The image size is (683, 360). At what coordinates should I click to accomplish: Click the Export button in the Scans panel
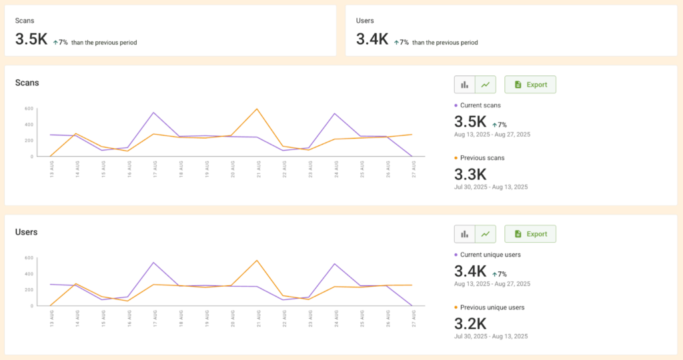pos(530,85)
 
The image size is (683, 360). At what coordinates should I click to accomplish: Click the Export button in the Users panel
pos(530,234)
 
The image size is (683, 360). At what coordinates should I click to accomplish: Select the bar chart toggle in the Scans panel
pos(465,85)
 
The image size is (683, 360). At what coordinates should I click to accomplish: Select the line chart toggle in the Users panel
pos(486,234)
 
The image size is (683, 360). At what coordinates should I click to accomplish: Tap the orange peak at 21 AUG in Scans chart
pos(257,109)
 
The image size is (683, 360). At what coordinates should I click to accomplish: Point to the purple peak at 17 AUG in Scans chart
pos(154,113)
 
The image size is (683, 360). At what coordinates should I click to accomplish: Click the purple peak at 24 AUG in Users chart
pos(334,264)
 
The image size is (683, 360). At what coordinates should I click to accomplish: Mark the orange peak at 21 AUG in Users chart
pos(257,261)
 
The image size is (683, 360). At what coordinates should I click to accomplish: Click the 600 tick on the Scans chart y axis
pos(29,109)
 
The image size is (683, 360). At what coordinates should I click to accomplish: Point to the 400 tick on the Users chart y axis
pos(29,274)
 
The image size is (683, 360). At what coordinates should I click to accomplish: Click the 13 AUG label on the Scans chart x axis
pos(51,166)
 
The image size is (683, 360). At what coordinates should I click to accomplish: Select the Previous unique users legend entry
pos(492,307)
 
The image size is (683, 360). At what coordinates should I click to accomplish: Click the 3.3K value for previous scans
pos(470,175)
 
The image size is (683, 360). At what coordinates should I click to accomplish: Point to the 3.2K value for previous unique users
pos(470,324)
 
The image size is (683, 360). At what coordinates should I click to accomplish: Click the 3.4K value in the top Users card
pos(372,39)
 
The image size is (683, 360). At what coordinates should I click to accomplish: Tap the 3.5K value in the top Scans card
pos(31,39)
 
